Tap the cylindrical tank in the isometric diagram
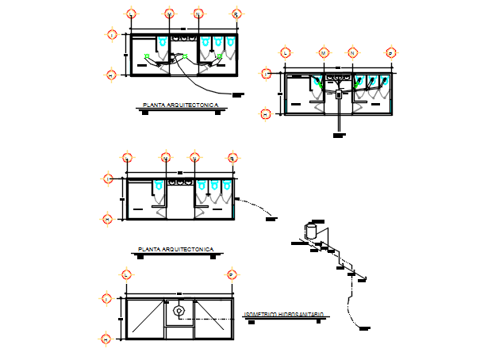pos(311,232)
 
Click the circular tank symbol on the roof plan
pos(179,310)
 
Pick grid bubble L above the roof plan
pos(126,274)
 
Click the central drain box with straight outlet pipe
pos(339,94)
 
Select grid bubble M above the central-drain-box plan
pos(324,52)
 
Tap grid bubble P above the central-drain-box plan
pos(390,52)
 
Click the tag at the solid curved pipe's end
pos(237,94)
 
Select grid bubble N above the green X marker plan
pos(198,14)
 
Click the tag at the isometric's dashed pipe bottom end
pos(364,327)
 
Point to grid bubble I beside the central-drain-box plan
pos(266,73)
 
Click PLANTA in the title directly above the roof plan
pos(150,249)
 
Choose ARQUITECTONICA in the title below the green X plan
pos(187,105)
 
